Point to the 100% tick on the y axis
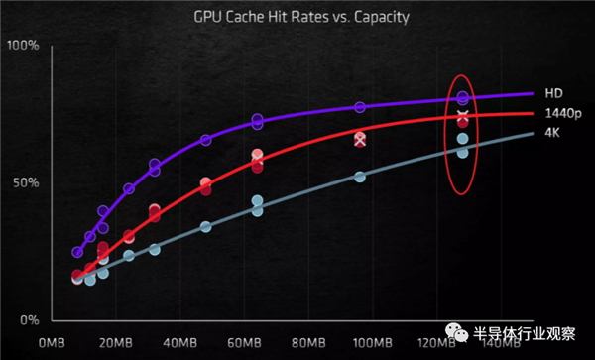(22, 46)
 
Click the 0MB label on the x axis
(51, 342)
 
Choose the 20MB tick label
(116, 342)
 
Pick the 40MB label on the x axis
(179, 342)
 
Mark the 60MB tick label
(244, 342)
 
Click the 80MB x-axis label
(308, 342)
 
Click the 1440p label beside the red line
(561, 113)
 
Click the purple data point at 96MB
(360, 107)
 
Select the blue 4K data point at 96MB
(360, 177)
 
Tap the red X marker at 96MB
(360, 140)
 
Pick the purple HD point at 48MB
(206, 140)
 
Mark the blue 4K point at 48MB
(206, 227)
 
